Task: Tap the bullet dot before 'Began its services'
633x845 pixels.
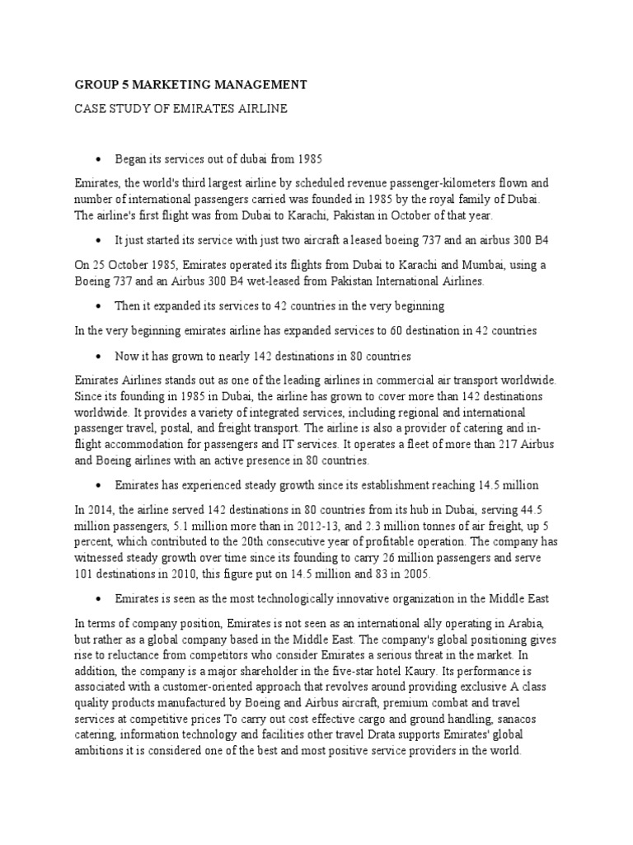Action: pyautogui.click(x=98, y=158)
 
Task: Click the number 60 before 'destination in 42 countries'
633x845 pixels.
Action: pyautogui.click(x=347, y=330)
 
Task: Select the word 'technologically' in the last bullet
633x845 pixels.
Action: pyautogui.click(x=275, y=598)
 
